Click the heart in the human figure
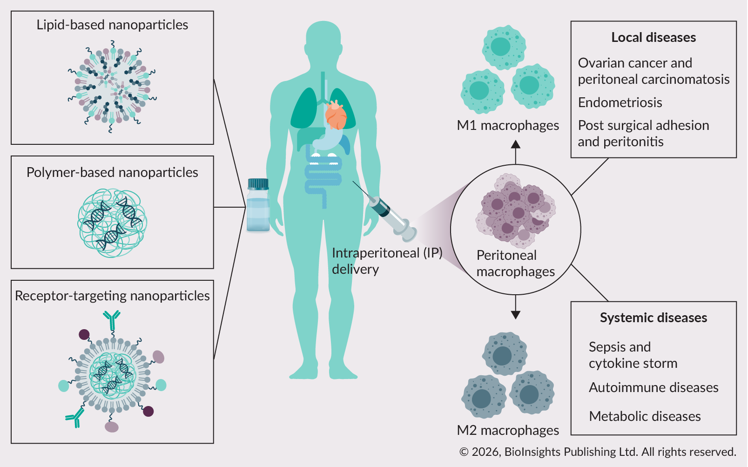coord(336,115)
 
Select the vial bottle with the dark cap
coord(258,206)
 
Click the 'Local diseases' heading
coord(653,38)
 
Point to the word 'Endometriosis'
coord(620,102)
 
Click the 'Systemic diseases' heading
coord(653,318)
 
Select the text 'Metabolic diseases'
coord(645,416)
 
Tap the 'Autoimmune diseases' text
coord(653,387)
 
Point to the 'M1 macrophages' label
coord(508,126)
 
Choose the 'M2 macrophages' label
coord(508,430)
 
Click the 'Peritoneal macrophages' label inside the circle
coord(515,264)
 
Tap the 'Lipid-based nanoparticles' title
coord(112,25)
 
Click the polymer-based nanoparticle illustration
coord(112,223)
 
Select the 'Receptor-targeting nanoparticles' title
coord(112,296)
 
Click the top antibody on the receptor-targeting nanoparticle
coord(112,319)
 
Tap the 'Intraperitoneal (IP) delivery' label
coord(386,261)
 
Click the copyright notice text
coord(598,452)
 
